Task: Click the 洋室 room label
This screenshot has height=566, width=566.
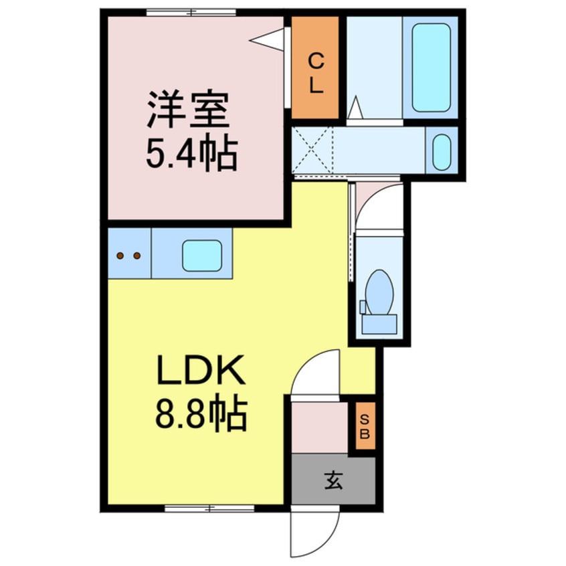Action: point(188,110)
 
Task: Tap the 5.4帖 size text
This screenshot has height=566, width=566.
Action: point(191,152)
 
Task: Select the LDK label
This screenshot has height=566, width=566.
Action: point(201,369)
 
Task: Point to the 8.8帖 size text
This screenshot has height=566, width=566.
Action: point(201,413)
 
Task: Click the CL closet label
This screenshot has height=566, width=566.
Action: point(316,74)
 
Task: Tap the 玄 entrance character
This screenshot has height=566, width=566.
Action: point(333,480)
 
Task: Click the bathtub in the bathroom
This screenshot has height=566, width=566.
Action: point(431,68)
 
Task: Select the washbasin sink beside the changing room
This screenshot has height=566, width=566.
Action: point(442,153)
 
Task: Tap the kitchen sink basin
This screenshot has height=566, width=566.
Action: point(202,256)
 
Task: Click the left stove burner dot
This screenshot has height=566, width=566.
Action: point(120,256)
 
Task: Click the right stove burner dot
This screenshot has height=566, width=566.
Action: point(136,256)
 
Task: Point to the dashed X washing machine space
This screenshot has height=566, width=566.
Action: point(312,150)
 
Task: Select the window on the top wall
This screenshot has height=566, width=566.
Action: point(191,12)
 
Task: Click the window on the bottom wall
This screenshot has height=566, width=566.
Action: point(209,508)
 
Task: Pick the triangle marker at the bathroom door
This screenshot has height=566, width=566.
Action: point(355,107)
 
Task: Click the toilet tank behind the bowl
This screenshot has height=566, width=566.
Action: point(379,324)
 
